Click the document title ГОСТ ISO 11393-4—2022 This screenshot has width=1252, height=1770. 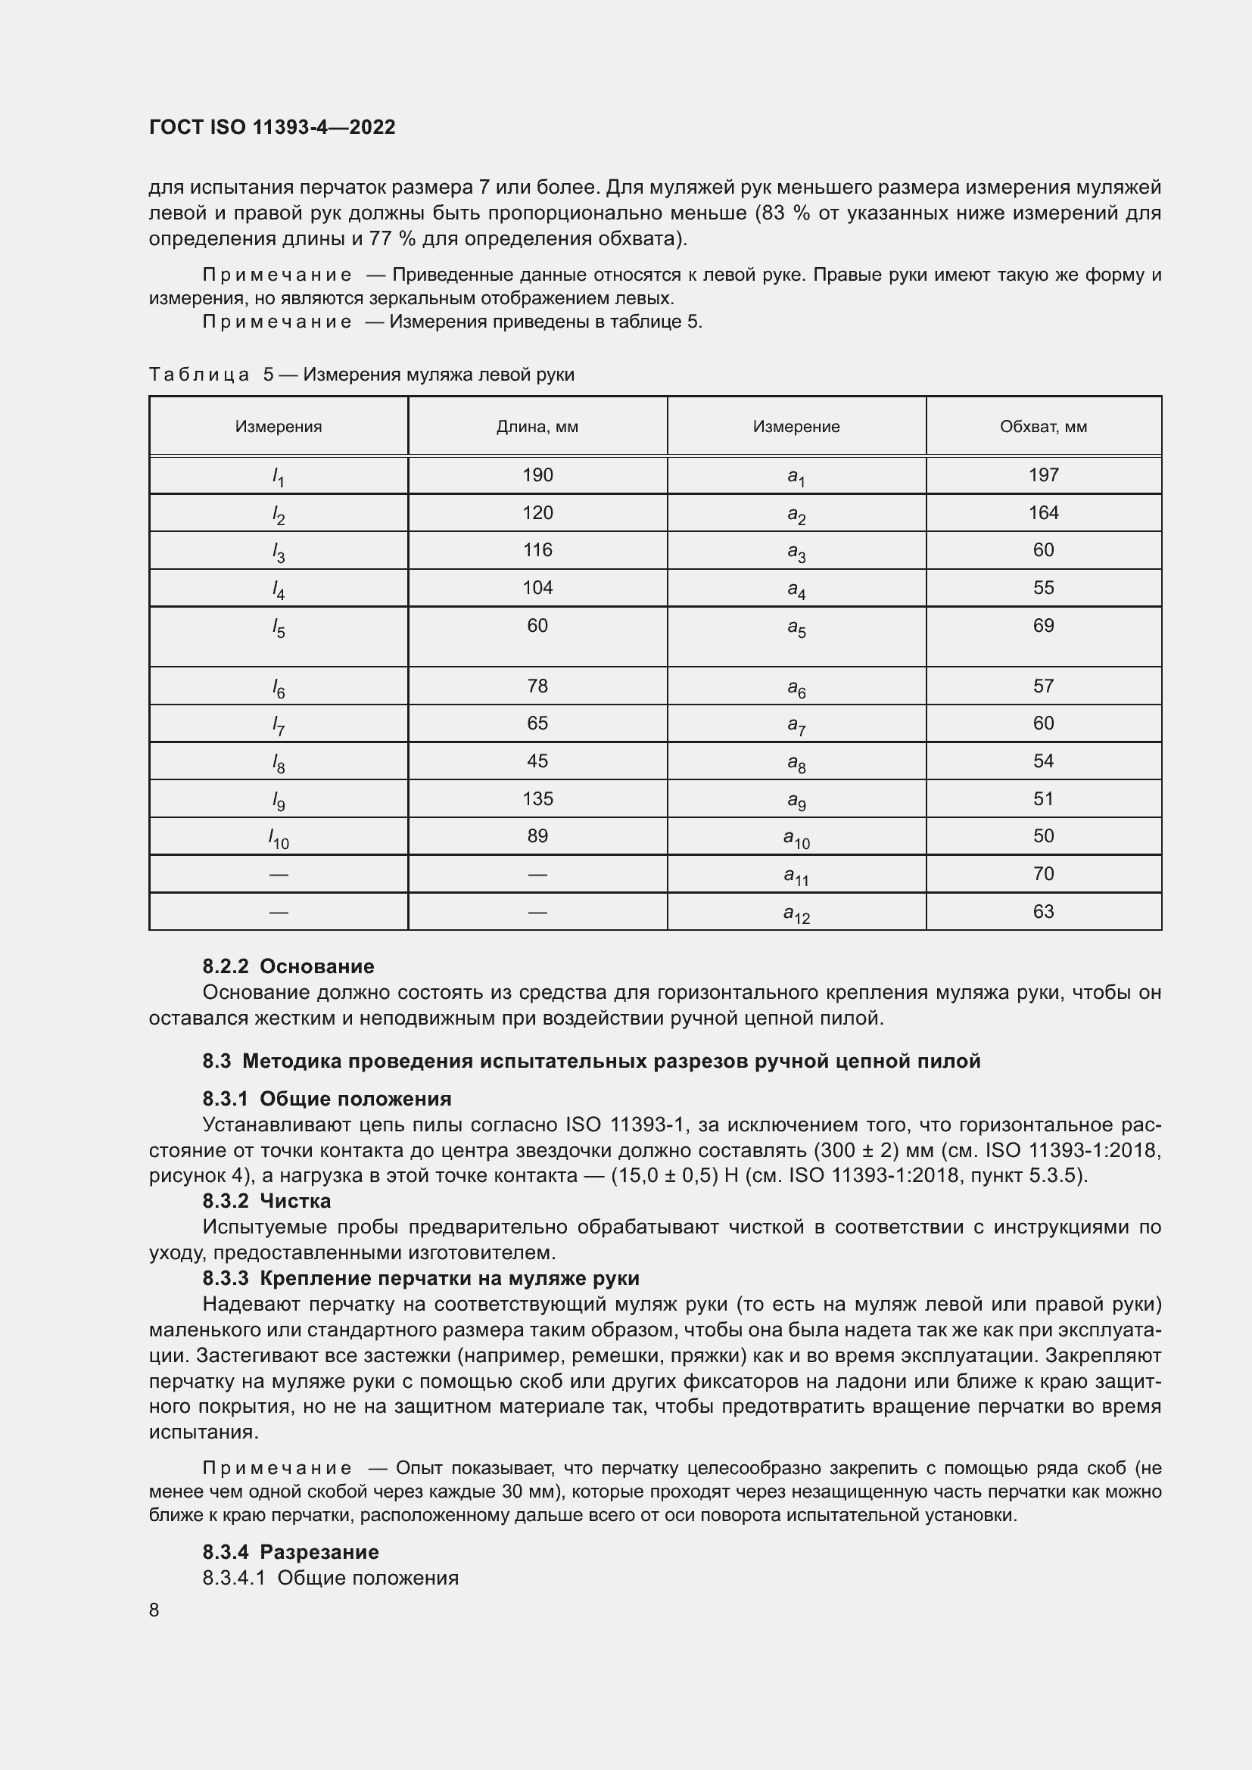click(x=272, y=127)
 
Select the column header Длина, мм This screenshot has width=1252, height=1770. click(x=537, y=426)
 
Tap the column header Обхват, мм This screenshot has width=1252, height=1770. click(x=1043, y=426)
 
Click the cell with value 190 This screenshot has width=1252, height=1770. click(x=537, y=475)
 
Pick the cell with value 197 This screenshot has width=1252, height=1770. click(x=1043, y=475)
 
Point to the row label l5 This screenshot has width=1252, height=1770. click(x=279, y=629)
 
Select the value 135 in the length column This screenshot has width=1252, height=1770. click(x=537, y=798)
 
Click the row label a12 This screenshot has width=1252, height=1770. click(x=796, y=913)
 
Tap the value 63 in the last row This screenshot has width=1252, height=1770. click(x=1043, y=911)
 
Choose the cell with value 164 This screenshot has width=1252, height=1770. click(x=1043, y=512)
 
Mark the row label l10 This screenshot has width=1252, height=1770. click(x=279, y=838)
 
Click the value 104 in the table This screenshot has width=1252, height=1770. click(x=537, y=587)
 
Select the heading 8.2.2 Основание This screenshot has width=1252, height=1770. click(x=288, y=966)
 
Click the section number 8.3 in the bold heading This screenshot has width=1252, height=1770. click(x=216, y=1061)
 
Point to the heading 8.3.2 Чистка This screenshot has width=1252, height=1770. click(x=266, y=1200)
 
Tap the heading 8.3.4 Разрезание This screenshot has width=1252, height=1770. click(x=291, y=1552)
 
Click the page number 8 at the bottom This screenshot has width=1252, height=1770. click(x=154, y=1610)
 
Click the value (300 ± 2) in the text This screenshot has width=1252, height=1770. click(x=857, y=1150)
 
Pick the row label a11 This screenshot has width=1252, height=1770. click(x=796, y=876)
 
